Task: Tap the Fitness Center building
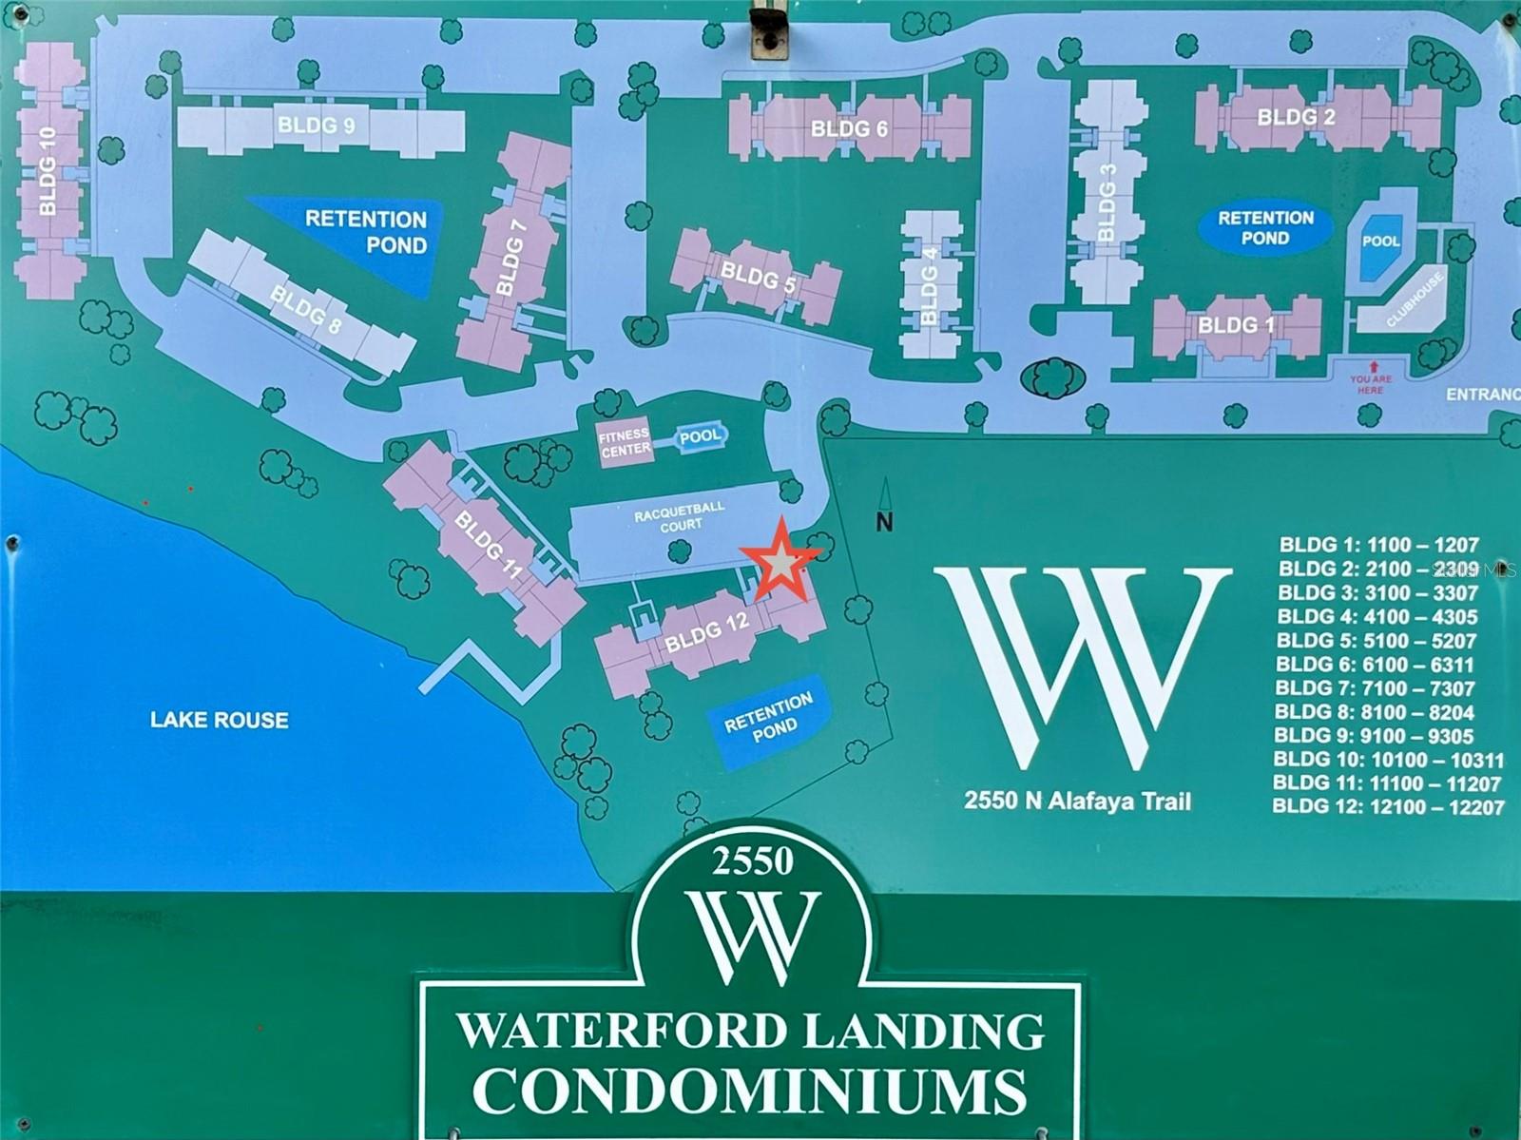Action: tap(626, 441)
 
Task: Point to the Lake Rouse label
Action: tap(220, 720)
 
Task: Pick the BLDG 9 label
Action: tap(317, 126)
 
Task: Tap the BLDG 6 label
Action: tap(849, 128)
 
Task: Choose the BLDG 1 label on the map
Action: tap(1236, 325)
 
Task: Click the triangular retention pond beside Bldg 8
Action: tap(366, 233)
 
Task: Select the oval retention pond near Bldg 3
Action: tap(1265, 228)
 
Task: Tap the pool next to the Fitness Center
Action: tap(702, 437)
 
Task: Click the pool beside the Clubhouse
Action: tap(1380, 242)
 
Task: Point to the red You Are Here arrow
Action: tap(1371, 366)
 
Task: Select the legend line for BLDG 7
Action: tap(1375, 688)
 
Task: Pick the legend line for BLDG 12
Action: tap(1388, 807)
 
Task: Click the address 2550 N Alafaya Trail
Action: tap(1077, 801)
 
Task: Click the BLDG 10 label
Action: tap(48, 171)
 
